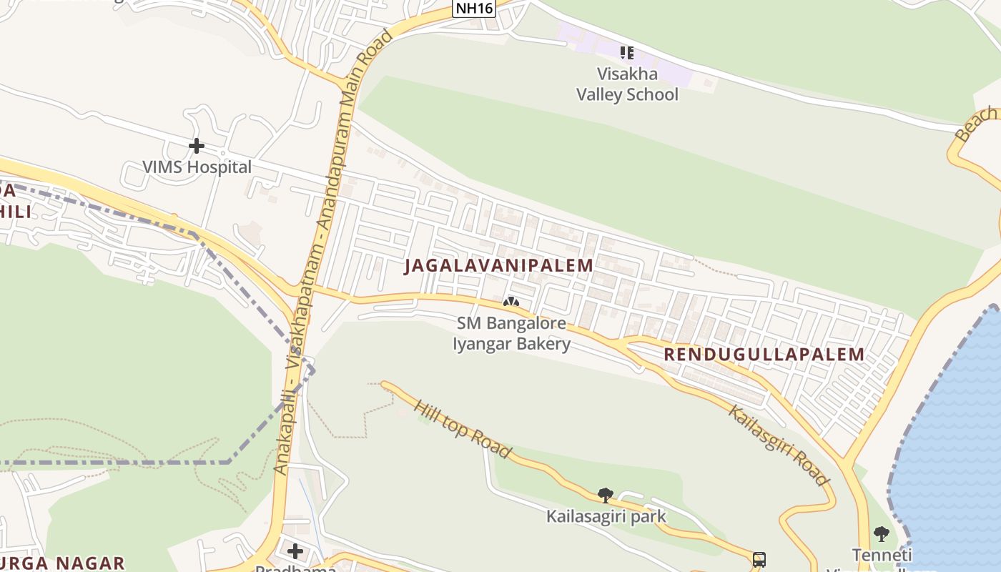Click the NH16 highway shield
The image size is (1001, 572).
[474, 8]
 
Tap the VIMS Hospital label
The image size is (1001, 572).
[197, 167]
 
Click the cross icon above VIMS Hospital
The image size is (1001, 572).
[197, 146]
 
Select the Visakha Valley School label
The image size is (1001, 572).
[627, 84]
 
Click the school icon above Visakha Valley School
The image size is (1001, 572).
[627, 52]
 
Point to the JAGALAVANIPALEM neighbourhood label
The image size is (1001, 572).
[498, 265]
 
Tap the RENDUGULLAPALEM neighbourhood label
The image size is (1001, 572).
[764, 354]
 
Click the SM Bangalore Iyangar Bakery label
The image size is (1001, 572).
[512, 334]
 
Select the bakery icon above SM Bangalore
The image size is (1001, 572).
[511, 302]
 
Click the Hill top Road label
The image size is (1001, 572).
[462, 428]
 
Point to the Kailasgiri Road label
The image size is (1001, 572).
[779, 444]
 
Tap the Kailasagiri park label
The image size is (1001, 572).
[606, 516]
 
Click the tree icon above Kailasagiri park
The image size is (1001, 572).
[606, 495]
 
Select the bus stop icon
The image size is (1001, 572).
[759, 559]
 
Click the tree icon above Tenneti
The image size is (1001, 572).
[882, 533]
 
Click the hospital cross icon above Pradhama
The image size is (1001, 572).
[295, 551]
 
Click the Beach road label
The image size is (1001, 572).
[976, 123]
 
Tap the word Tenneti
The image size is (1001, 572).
[882, 555]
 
